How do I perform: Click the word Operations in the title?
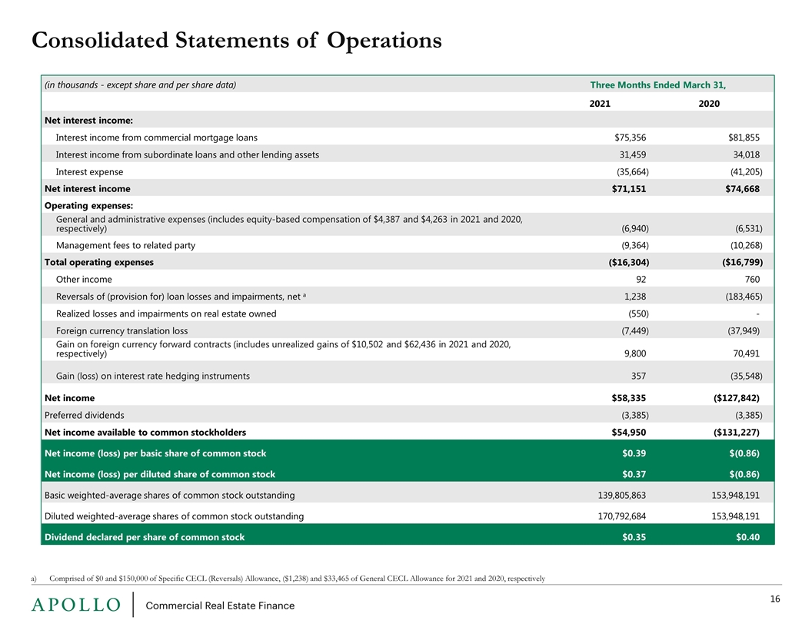384,41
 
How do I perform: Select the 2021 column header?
600,104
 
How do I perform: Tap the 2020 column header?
709,104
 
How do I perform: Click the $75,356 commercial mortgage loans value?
631,138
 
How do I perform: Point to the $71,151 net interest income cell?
629,189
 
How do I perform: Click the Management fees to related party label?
125,245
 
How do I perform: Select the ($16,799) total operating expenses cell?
742,262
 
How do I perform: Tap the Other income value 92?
641,280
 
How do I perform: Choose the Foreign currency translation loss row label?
121,330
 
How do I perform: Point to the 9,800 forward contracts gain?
635,353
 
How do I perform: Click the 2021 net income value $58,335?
629,398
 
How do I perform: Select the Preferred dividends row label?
85,415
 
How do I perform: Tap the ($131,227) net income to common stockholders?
737,432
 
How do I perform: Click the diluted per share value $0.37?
634,474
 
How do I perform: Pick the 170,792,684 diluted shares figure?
622,516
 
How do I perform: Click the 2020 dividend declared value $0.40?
747,537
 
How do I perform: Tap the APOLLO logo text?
75,605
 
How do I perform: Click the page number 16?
775,599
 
